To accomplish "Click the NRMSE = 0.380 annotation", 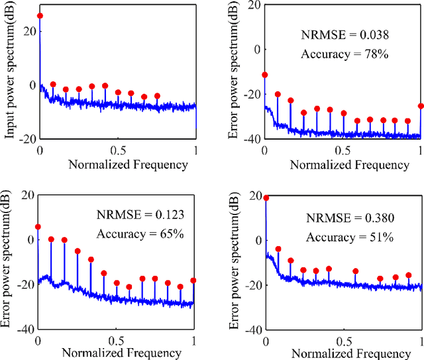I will pyautogui.click(x=346, y=217).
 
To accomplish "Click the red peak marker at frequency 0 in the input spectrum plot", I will pyautogui.click(x=40, y=16).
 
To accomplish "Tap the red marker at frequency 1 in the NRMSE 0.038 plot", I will pyautogui.click(x=421, y=106).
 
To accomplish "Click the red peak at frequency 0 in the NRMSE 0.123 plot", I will pyautogui.click(x=38, y=227).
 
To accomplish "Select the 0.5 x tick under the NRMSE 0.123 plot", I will pyautogui.click(x=116, y=341).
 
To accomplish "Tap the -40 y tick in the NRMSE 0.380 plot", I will pyautogui.click(x=252, y=329).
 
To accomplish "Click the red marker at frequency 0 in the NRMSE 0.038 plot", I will pyautogui.click(x=265, y=75).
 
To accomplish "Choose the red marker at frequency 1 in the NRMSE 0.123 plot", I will pyautogui.click(x=193, y=281).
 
